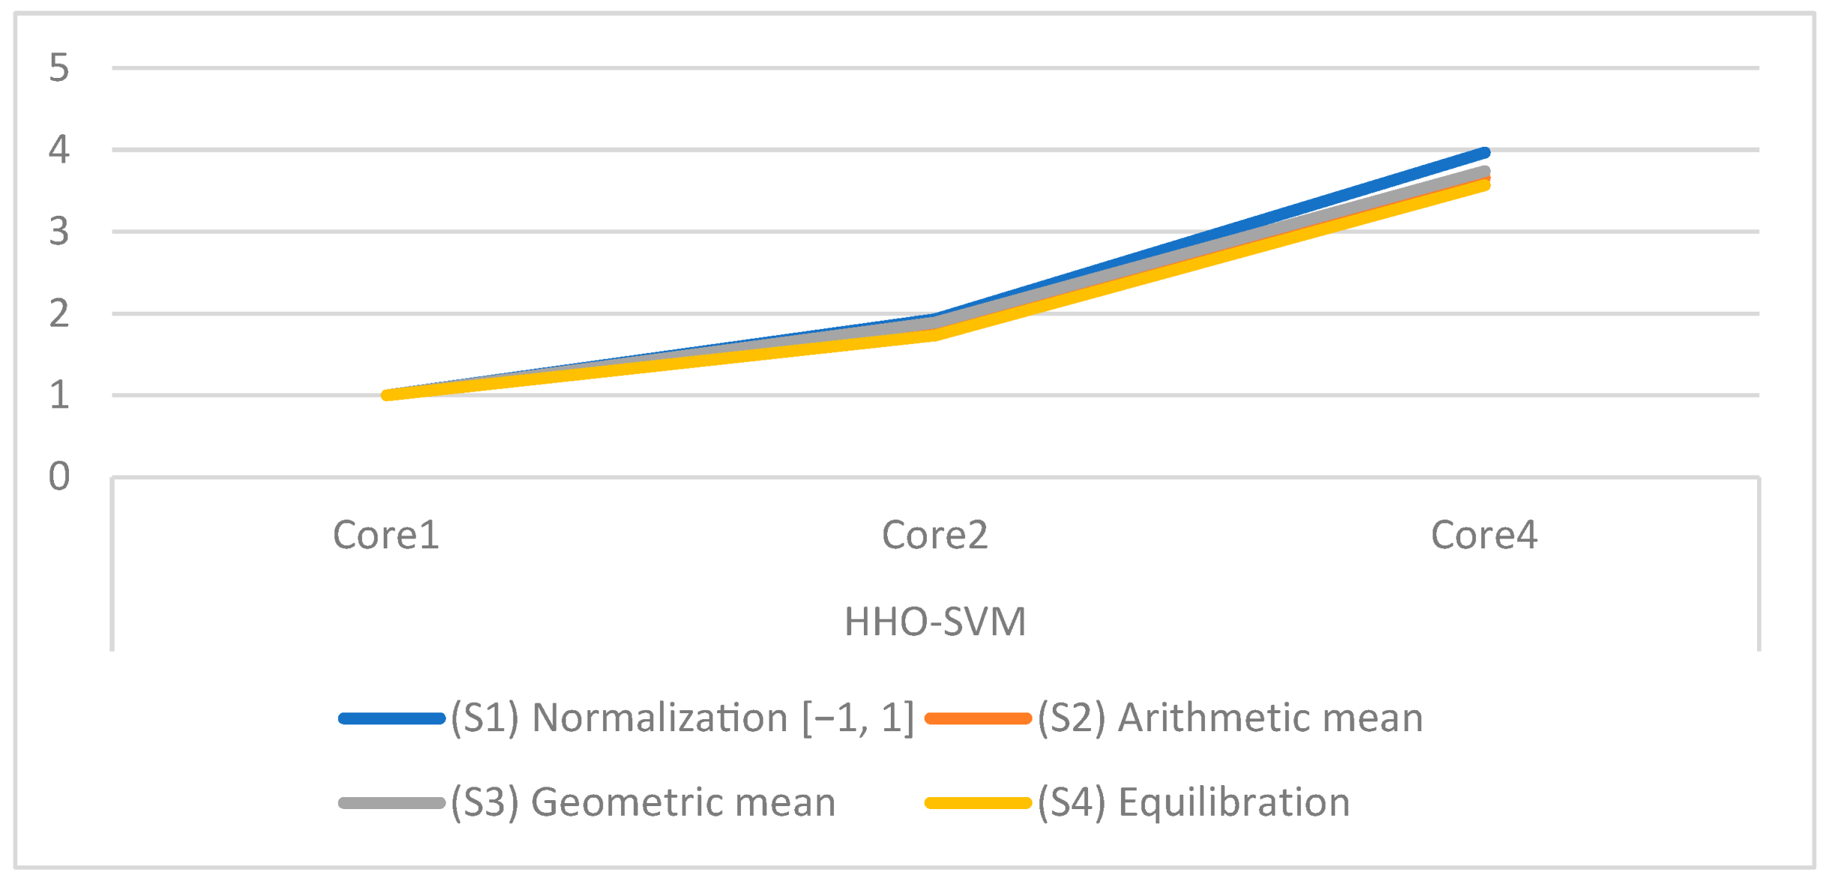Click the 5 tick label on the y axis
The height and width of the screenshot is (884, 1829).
pos(59,67)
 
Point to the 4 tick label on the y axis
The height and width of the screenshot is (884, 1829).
pos(59,149)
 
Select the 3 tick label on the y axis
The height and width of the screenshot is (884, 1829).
pos(59,231)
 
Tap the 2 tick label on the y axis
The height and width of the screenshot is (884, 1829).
pos(59,313)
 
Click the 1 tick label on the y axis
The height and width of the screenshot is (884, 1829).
pos(59,395)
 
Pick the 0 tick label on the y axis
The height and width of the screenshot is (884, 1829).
pos(59,476)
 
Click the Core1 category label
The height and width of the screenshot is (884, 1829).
pos(386,535)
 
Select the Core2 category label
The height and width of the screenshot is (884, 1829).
pos(934,535)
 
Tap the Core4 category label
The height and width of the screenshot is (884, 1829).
pos(1484,535)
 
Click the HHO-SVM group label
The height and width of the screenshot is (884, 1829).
pos(934,622)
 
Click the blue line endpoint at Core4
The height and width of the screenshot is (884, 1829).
pos(1484,153)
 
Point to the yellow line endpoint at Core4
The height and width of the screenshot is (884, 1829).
pos(1484,185)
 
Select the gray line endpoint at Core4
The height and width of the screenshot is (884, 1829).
pos(1484,172)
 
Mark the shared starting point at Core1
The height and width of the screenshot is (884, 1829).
pos(387,395)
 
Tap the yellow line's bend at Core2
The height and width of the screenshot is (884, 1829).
pos(935,335)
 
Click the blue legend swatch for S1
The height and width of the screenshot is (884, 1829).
pos(391,718)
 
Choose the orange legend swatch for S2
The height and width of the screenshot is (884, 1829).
pos(978,718)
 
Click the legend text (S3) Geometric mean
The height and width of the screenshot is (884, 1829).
pos(643,802)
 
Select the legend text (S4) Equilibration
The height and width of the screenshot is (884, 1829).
pos(1194,802)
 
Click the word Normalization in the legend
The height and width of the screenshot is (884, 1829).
pos(659,718)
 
